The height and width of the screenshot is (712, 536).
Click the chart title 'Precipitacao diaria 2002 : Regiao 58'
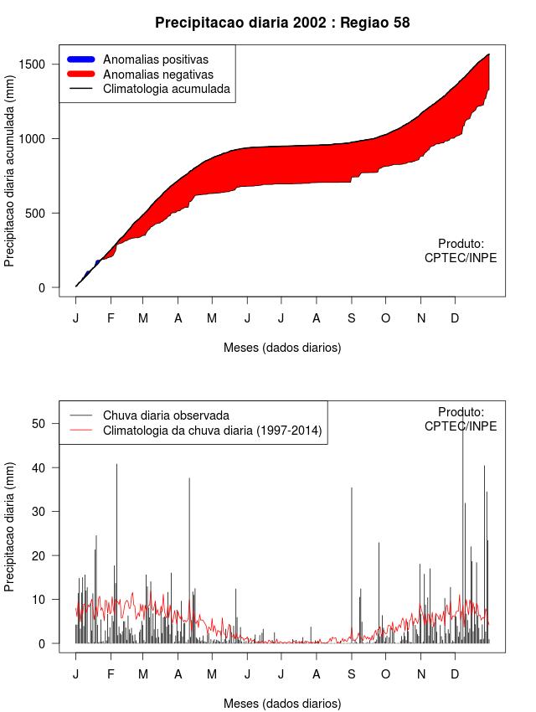[282, 23]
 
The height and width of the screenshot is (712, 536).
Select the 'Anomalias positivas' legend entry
[155, 59]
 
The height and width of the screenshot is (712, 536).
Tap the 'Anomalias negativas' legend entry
[157, 75]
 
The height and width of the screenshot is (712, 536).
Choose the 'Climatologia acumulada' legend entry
[166, 89]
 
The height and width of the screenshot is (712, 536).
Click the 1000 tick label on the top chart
[43, 138]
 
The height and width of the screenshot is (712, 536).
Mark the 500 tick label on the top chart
[46, 213]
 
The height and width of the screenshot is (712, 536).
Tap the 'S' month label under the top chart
[352, 318]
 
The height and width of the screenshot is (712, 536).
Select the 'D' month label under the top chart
[455, 318]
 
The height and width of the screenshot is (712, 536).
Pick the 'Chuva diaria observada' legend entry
[166, 415]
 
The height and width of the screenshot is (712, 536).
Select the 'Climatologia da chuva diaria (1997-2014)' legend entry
[212, 431]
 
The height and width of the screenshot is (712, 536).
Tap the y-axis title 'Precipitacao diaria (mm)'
[10, 527]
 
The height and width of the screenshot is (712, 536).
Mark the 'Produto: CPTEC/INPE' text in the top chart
[461, 250]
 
